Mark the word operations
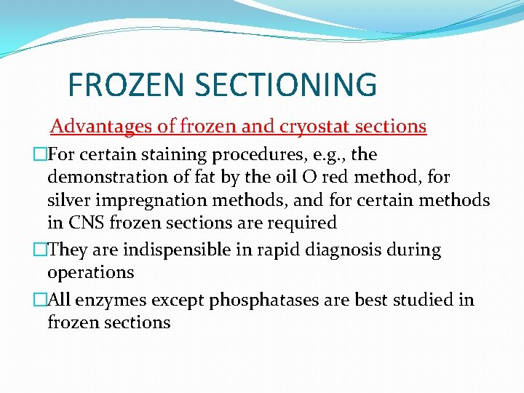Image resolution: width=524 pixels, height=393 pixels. point(91,272)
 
